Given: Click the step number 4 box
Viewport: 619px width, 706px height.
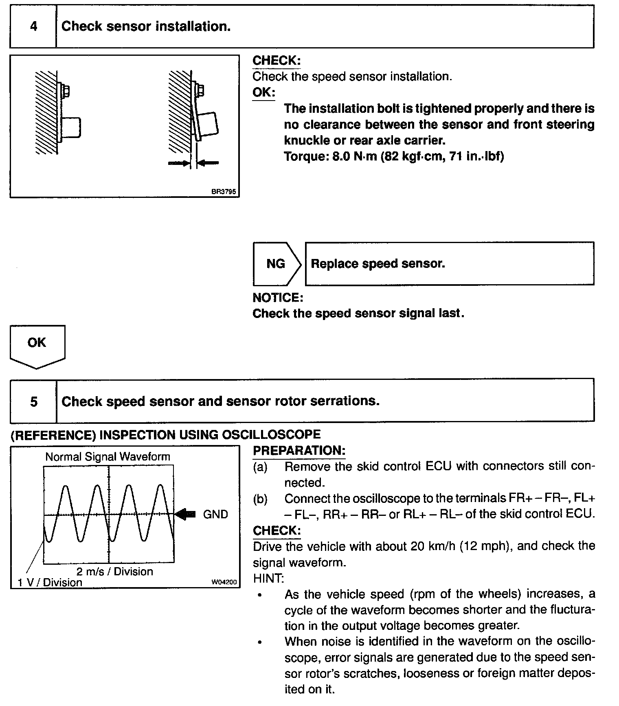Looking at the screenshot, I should click(x=33, y=26).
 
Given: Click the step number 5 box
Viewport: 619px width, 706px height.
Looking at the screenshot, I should click(x=33, y=401).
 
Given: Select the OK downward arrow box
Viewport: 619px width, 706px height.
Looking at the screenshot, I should click(x=37, y=344).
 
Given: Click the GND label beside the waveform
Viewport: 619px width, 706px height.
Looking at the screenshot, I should click(x=215, y=515).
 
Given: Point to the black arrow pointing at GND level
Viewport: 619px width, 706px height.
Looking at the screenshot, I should click(x=186, y=515).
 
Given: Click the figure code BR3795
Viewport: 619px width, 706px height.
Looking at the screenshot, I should click(x=224, y=191).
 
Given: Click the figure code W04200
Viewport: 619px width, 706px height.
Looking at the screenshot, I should click(x=224, y=582).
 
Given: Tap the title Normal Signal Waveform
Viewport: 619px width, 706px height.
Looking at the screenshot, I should click(x=108, y=457).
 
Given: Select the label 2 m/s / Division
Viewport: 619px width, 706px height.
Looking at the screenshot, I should click(x=115, y=571).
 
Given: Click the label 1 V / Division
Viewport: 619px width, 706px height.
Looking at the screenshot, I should click(x=50, y=582).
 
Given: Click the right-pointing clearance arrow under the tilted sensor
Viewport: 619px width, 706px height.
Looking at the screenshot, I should click(x=179, y=163).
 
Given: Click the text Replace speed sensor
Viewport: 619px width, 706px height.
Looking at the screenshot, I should click(x=378, y=264).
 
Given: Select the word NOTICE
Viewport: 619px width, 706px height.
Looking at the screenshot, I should click(x=278, y=298).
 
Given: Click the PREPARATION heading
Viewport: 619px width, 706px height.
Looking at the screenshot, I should click(x=299, y=451).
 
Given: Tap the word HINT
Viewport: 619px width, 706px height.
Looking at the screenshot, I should click(x=269, y=578).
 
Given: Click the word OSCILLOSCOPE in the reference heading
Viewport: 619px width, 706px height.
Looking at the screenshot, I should click(x=271, y=435).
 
